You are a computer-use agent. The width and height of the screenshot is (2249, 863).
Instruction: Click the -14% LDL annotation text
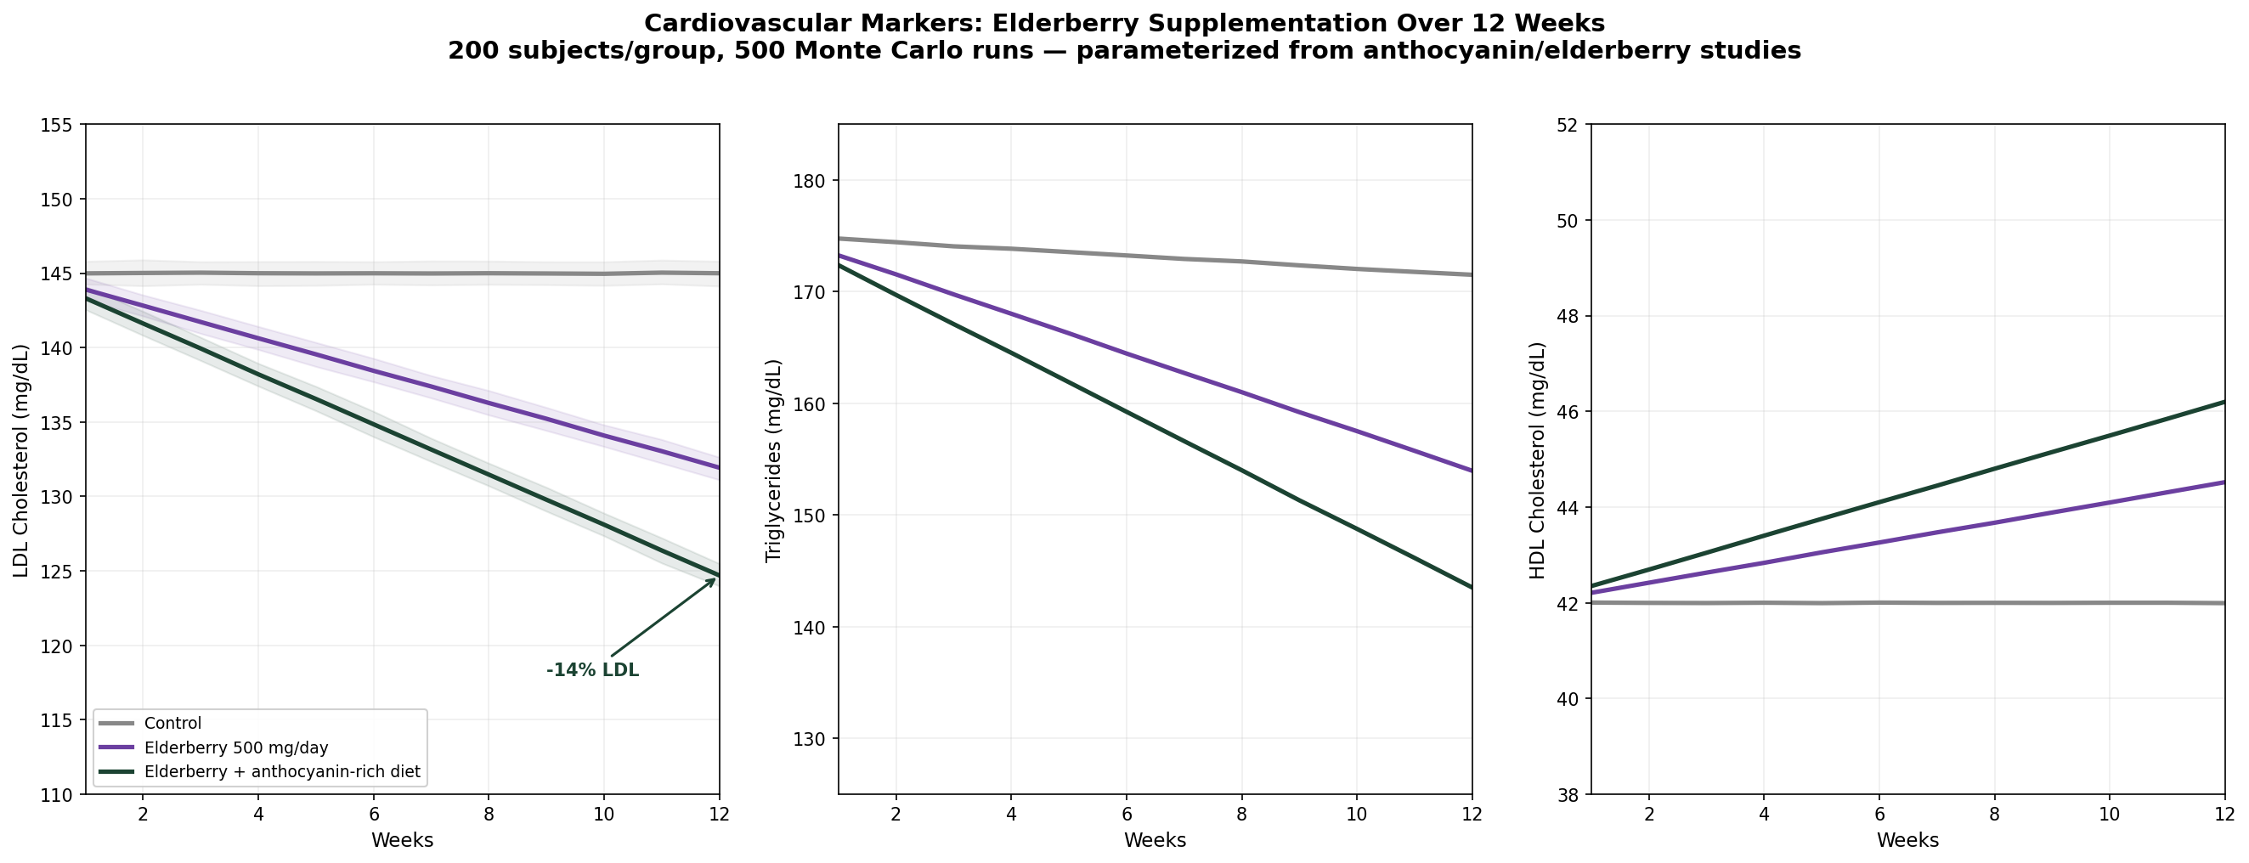(592, 670)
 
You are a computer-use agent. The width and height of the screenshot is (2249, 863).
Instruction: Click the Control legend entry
(172, 724)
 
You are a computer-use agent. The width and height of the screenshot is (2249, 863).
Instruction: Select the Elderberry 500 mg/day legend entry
(235, 747)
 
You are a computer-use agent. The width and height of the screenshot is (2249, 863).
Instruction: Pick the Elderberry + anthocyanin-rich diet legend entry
(282, 772)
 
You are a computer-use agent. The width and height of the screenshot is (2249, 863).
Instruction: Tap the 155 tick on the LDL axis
(57, 125)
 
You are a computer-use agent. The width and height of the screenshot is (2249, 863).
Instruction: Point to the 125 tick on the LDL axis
(57, 572)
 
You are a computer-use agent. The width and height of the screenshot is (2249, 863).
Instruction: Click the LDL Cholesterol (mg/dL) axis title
(21, 460)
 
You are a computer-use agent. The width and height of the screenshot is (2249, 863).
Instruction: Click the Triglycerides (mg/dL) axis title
(772, 460)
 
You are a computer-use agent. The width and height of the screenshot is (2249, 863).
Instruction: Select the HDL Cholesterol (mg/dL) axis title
(1537, 460)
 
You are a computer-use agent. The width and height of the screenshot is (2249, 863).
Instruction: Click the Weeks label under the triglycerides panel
(1154, 840)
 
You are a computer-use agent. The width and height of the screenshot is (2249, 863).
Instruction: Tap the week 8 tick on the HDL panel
(1994, 814)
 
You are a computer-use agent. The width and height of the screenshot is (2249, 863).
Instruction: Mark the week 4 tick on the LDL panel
(258, 814)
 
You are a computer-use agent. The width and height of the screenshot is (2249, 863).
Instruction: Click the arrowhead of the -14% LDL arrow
(715, 578)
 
